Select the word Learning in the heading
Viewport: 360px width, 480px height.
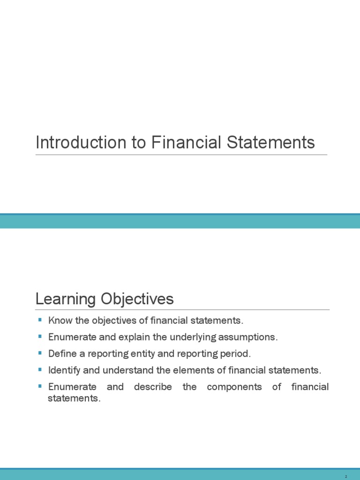click(x=66, y=299)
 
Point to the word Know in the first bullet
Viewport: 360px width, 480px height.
click(x=58, y=321)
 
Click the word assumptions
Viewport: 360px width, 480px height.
click(x=250, y=337)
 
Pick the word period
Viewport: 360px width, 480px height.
click(x=232, y=354)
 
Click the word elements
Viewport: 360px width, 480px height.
click(x=190, y=370)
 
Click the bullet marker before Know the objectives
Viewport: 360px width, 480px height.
click(x=39, y=321)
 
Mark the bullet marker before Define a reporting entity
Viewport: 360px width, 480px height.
click(x=39, y=353)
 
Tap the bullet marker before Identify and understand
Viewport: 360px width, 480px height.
click(x=39, y=370)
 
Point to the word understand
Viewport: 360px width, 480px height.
click(x=128, y=370)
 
